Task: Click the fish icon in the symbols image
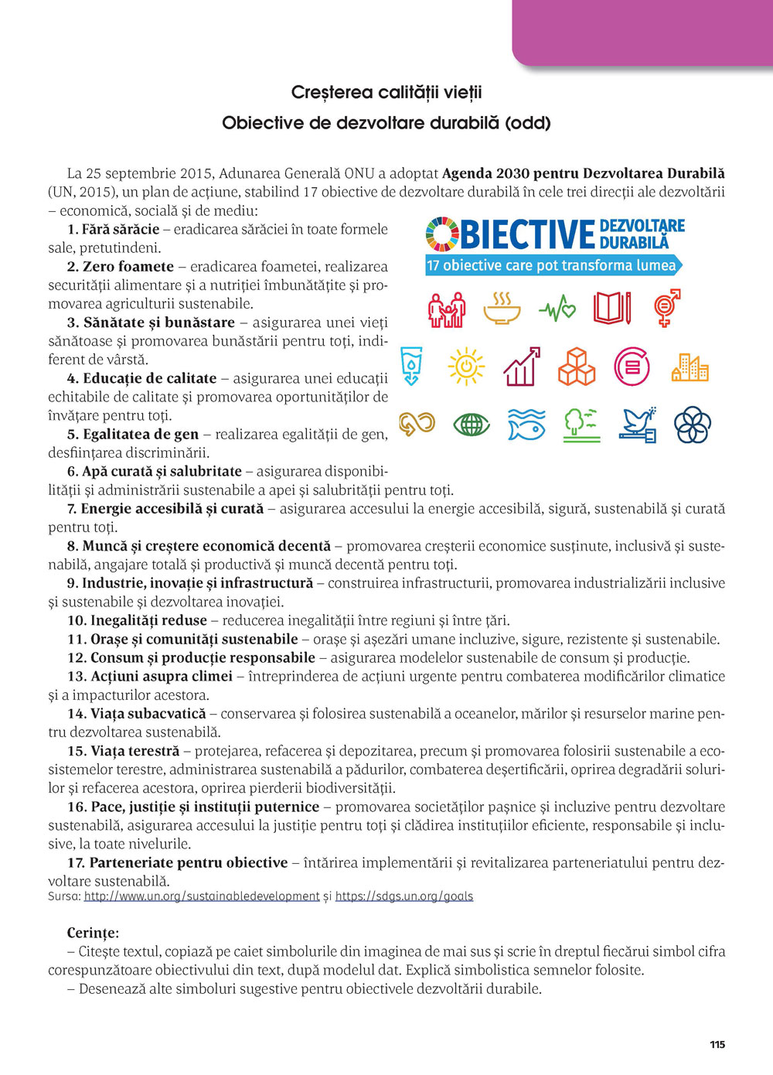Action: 526,425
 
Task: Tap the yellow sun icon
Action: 466,367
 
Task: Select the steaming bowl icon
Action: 502,309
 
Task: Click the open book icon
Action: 611,308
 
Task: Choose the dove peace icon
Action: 638,425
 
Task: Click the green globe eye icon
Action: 472,425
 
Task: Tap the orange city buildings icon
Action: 690,367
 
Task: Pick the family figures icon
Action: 447,309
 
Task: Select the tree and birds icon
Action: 582,425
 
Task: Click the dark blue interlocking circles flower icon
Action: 693,425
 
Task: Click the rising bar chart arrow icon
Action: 522,367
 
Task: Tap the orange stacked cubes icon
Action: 577,367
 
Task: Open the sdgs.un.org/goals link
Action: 404,896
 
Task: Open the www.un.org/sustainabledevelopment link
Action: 202,896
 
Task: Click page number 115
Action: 717,1044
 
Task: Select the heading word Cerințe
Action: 93,933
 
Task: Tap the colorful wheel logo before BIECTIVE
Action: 442,234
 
